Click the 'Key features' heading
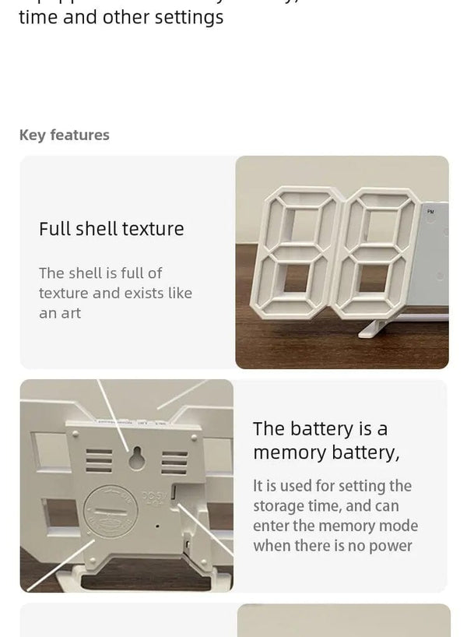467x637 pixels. [64, 135]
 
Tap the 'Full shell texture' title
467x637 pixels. [111, 229]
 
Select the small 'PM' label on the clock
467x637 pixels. [430, 211]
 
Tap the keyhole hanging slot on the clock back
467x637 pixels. [137, 459]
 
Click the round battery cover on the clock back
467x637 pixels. [111, 511]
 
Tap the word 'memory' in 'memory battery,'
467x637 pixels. [290, 452]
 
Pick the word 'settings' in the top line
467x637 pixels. [188, 17]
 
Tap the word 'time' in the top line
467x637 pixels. [37, 17]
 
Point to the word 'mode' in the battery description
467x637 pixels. [398, 526]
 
